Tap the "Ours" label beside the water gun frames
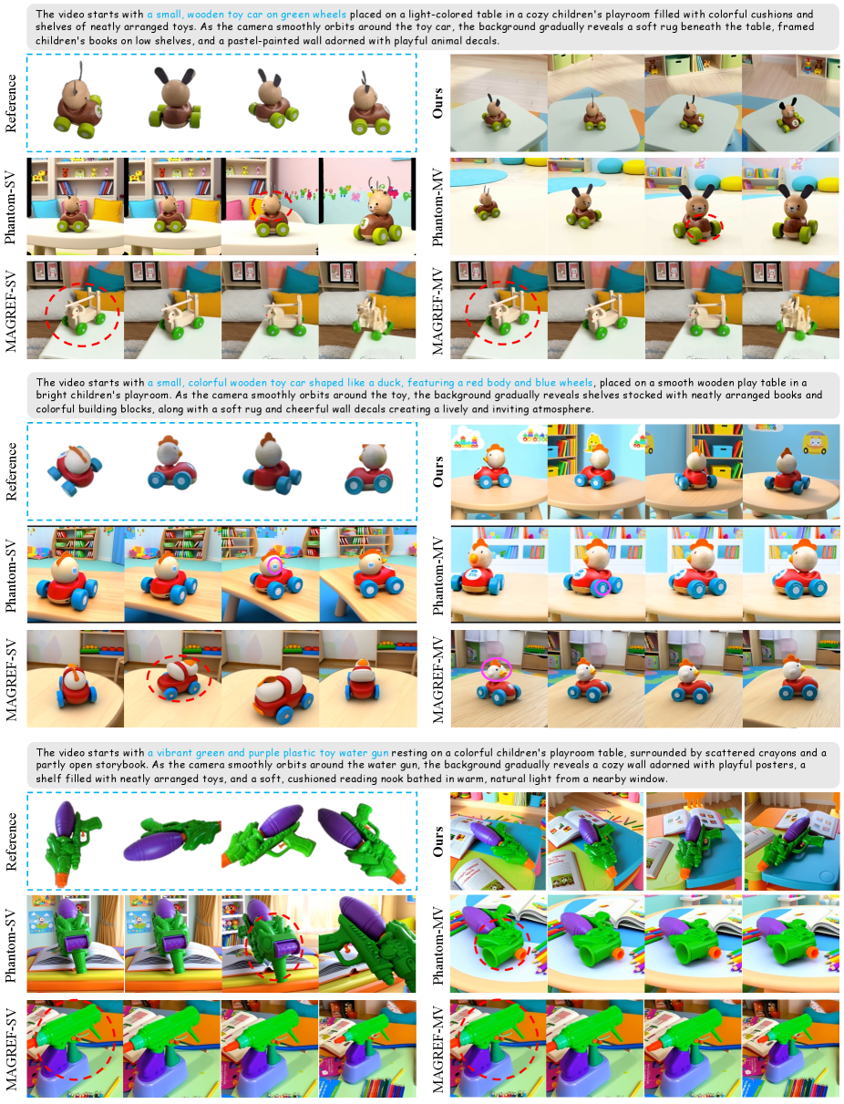(437, 841)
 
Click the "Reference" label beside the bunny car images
(11, 104)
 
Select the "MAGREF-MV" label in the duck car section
(437, 678)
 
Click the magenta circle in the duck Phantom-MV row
(602, 586)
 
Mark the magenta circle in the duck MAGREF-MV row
(496, 669)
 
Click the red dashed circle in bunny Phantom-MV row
(704, 227)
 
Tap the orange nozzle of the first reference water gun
(61, 880)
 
